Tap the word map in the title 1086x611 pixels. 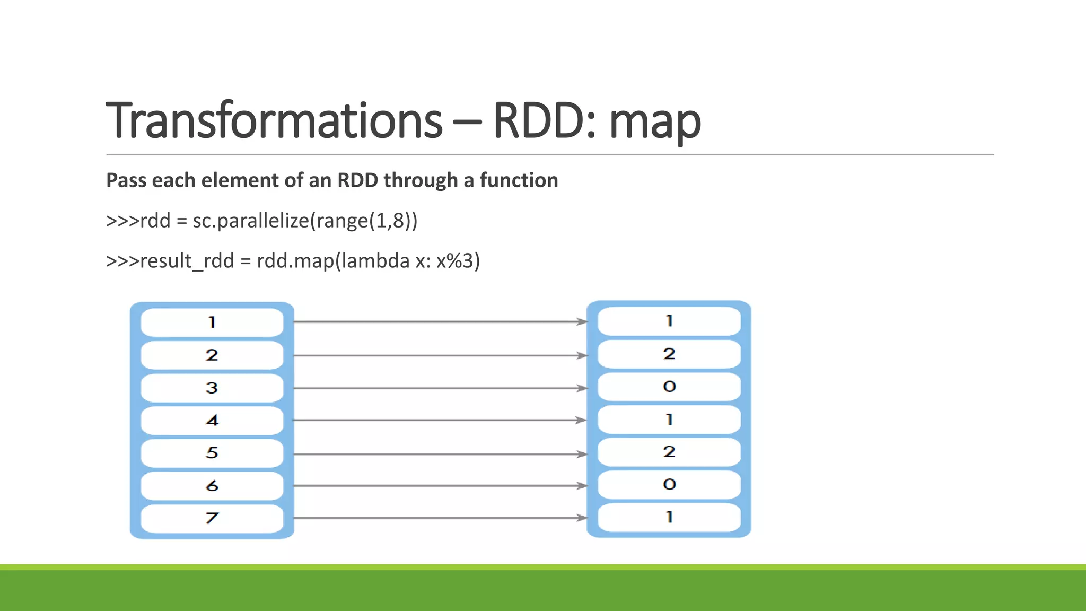coord(655,122)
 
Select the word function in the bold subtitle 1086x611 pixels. coord(519,180)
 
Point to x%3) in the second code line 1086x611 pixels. coord(458,261)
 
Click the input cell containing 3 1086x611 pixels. coord(212,388)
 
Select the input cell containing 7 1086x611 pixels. coord(212,518)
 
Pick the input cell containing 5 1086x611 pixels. coord(212,453)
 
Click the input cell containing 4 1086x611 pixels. coord(212,421)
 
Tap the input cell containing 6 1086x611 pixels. coord(212,486)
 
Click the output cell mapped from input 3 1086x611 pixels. coord(669,387)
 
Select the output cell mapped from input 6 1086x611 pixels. coord(669,484)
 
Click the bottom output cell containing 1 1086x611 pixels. coord(669,517)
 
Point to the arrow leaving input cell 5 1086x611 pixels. coord(440,454)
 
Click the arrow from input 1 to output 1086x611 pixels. coord(440,321)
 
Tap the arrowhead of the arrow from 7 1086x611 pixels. coord(582,518)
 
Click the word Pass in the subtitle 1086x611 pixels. coord(126,180)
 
